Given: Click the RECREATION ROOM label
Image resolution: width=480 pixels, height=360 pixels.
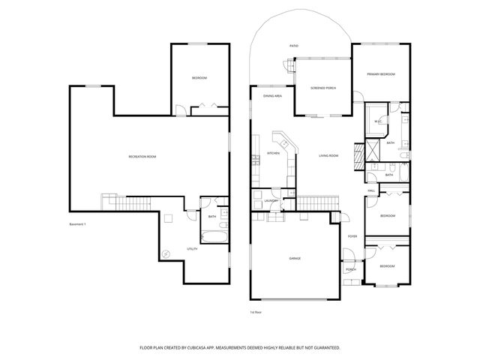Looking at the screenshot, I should (142, 156).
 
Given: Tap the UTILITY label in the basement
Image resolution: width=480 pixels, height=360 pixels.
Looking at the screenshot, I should (191, 249).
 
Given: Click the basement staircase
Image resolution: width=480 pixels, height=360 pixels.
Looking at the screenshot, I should (125, 203).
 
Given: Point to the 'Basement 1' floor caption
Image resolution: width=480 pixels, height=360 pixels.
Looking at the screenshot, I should (78, 224).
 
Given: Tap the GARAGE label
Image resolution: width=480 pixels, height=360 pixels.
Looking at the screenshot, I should (295, 259).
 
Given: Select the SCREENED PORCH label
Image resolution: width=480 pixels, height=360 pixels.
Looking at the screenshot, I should (322, 88).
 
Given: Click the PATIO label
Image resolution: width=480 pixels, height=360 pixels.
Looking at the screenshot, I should (294, 46).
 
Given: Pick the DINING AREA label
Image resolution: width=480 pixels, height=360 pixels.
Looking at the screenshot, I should (271, 96).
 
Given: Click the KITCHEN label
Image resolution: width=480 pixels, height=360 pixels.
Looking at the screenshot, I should (273, 154).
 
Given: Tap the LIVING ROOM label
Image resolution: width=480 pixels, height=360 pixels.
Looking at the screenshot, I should (328, 156).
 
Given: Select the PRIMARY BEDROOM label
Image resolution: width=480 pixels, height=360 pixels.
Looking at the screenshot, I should (381, 74).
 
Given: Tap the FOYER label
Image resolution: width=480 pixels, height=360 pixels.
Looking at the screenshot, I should (352, 236).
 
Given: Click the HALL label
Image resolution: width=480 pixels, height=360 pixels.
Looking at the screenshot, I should (371, 190).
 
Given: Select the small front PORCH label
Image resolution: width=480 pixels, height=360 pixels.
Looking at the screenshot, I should (350, 270).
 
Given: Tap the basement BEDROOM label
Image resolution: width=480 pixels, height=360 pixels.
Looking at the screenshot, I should (199, 79).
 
